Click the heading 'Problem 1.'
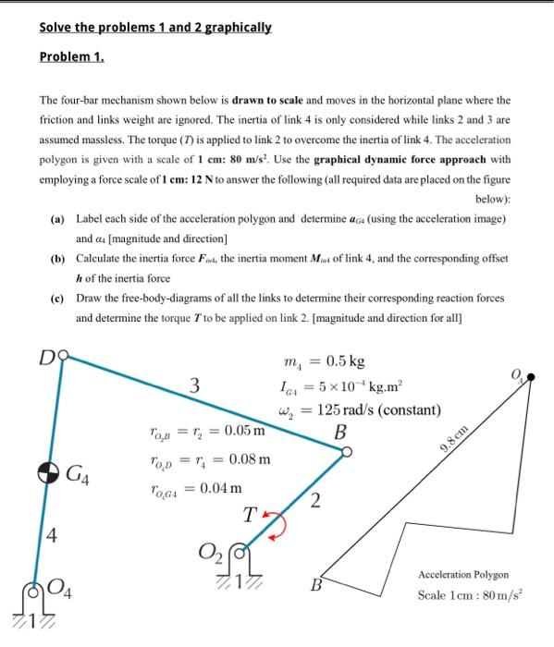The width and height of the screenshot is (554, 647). (x=72, y=57)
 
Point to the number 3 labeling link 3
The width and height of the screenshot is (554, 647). (x=195, y=386)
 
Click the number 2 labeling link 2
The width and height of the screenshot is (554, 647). (x=314, y=501)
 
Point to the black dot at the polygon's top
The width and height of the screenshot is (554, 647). (x=531, y=378)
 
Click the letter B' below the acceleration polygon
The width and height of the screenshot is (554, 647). (x=316, y=585)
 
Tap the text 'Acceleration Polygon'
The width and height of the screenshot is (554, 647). (x=463, y=574)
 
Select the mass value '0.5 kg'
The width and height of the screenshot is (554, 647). (x=344, y=360)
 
